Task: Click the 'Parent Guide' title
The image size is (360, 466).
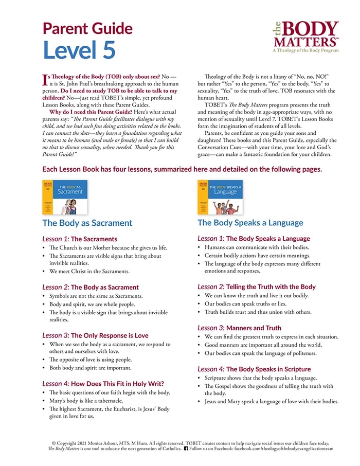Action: coord(87,28)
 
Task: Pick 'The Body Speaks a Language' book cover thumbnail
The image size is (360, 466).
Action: coord(220,197)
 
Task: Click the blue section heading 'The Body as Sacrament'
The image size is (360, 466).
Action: coord(87,223)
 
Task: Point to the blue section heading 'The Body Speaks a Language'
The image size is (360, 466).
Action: coord(250,223)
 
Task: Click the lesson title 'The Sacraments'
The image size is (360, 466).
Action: coord(94,239)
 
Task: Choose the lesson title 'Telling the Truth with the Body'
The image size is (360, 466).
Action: coord(271,286)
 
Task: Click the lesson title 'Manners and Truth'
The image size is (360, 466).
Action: coord(254,327)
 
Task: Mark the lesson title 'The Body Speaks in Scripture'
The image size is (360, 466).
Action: coord(268,369)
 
